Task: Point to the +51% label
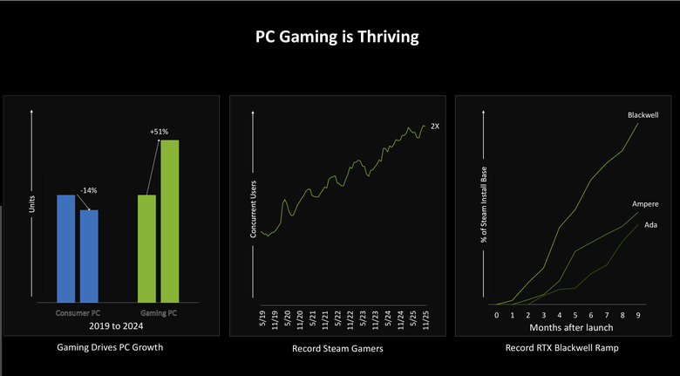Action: pos(159,132)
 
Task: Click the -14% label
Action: pos(88,190)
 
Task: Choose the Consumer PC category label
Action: pos(78,312)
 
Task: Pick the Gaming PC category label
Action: pos(159,312)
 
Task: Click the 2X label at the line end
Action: pos(435,126)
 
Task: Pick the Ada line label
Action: pos(650,225)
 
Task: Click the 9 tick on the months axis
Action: pos(639,314)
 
